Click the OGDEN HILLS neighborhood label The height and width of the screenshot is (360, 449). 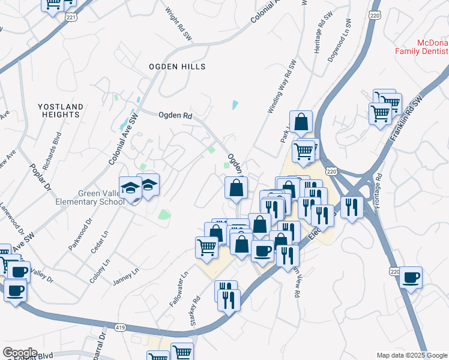(x=177, y=67)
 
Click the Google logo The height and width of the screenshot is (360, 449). (x=20, y=353)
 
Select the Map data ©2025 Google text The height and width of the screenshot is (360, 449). (x=412, y=355)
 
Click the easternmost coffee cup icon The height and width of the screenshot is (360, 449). (x=411, y=278)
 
